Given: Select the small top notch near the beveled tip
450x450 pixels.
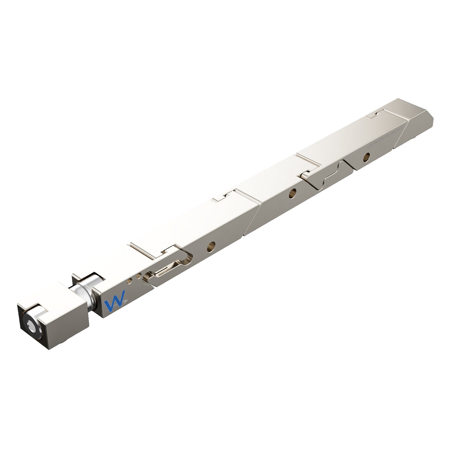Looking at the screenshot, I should [x=375, y=114].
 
